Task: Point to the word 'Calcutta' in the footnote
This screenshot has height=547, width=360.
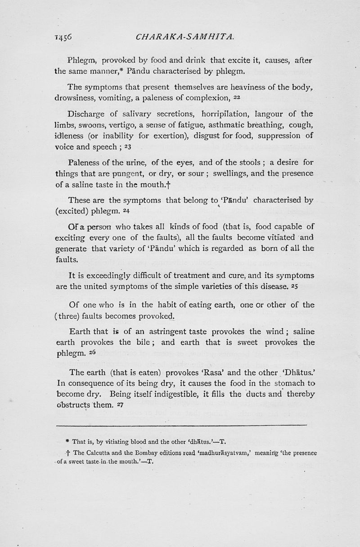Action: click(104, 453)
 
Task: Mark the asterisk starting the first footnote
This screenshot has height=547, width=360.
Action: click(67, 442)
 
